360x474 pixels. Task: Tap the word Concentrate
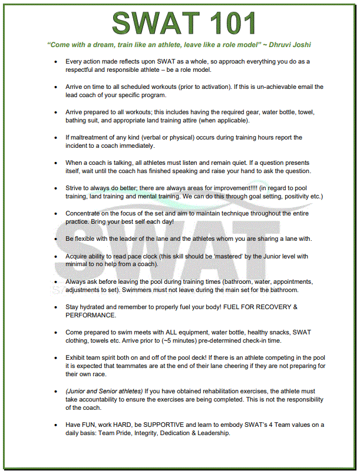pyautogui.click(x=86, y=213)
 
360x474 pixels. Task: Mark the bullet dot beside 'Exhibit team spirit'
pyautogui.click(x=55, y=357)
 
